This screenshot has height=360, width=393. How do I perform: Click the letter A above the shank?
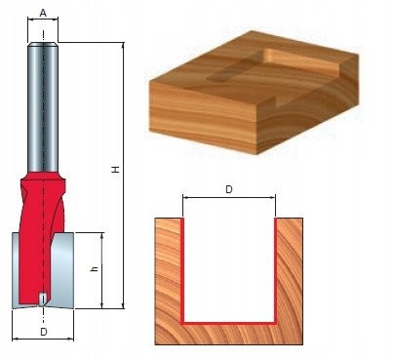tap(43, 14)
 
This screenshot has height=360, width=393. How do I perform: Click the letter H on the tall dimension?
tap(116, 170)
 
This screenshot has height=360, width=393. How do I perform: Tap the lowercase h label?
tap(95, 268)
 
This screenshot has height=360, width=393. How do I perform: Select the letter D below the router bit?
tap(44, 332)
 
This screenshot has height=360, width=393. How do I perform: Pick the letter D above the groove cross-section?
tap(229, 189)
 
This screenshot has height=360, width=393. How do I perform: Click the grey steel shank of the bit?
tap(43, 107)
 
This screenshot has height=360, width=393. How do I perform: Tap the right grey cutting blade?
tap(63, 270)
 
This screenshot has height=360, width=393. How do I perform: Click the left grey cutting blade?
tap(16, 270)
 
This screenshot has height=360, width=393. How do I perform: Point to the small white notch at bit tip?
tap(42, 299)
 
